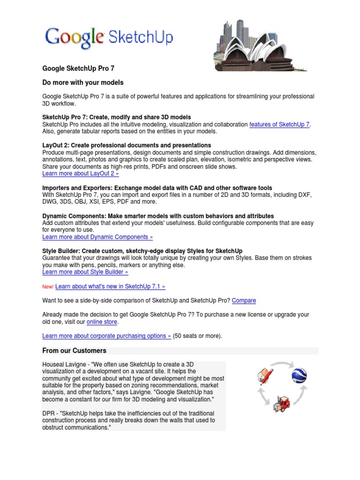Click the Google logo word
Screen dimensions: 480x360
[74, 37]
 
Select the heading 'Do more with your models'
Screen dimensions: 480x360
[83, 82]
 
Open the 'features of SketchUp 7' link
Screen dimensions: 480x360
[279, 125]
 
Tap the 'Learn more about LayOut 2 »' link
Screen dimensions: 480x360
[81, 173]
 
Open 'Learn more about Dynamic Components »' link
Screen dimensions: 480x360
[97, 237]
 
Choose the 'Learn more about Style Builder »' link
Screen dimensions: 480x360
[85, 272]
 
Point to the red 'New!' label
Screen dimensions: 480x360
[48, 287]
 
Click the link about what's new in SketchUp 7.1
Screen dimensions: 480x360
[110, 286]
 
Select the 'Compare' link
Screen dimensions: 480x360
[244, 300]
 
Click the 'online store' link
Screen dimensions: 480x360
[102, 322]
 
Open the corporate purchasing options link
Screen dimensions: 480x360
[106, 336]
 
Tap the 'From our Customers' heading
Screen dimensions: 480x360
[75, 351]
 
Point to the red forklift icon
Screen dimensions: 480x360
[281, 403]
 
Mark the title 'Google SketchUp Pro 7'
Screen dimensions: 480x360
[78, 68]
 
